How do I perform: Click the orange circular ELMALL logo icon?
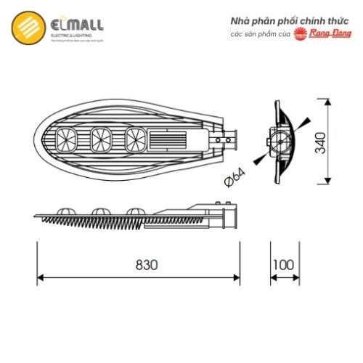(x=25, y=28)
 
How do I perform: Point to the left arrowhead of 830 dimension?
(x=41, y=277)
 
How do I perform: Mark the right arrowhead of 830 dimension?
(x=237, y=277)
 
